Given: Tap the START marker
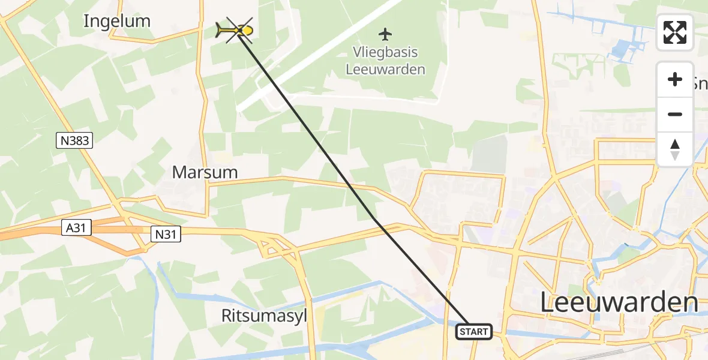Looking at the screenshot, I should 474,331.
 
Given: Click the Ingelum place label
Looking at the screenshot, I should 116,21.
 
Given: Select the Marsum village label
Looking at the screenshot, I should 205,172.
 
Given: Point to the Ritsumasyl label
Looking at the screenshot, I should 264,316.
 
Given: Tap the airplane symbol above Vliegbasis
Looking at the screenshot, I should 385,34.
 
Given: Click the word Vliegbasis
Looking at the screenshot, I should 385,52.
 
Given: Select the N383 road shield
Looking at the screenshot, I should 75,141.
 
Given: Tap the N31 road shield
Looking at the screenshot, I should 165,234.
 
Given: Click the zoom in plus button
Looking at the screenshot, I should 675,79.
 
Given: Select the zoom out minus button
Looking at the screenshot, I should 675,114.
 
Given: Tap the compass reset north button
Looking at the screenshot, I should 675,149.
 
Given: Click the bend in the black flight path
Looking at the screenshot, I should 374,219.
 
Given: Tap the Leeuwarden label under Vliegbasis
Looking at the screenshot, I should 385,69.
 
